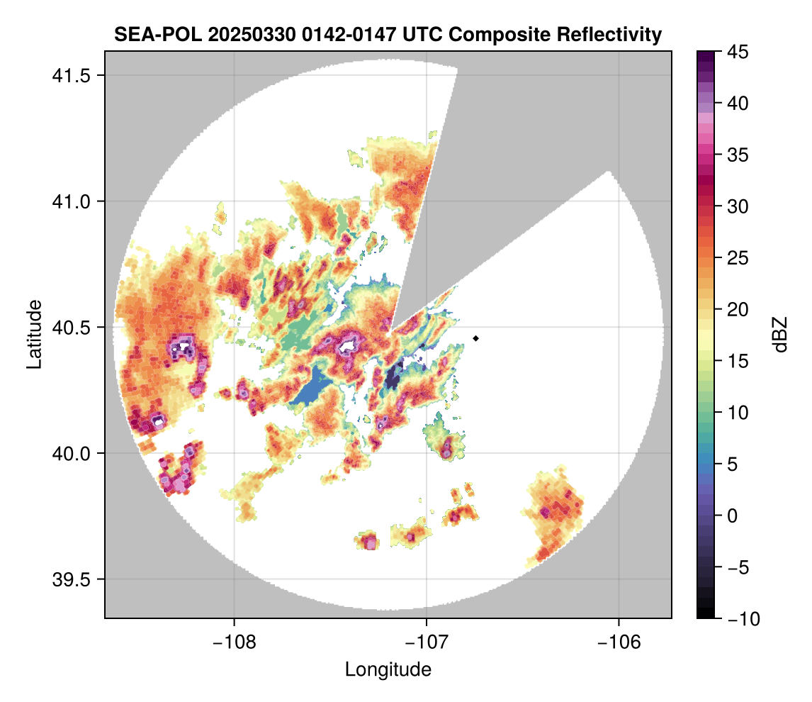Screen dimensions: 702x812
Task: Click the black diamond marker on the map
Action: [476, 338]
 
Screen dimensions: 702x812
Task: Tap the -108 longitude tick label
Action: [233, 642]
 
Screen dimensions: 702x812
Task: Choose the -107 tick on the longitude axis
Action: [427, 642]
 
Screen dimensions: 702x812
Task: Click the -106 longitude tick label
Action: [619, 642]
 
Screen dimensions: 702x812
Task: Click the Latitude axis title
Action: [33, 334]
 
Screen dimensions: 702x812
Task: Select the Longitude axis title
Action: [388, 669]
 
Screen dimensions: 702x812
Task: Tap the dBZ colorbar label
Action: [780, 335]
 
